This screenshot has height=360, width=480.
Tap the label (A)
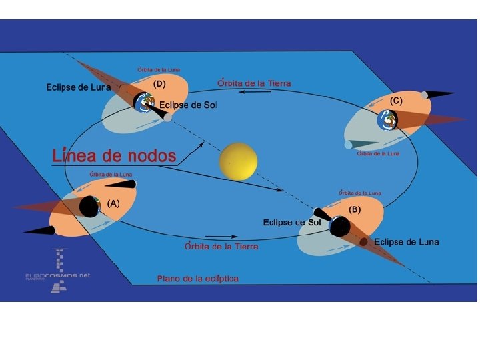pos(113,203)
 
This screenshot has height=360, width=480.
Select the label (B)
pos(355,209)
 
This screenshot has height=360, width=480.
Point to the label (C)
pos(396,101)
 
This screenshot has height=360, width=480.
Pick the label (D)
pos(159,85)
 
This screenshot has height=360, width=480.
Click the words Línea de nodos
pos(114,156)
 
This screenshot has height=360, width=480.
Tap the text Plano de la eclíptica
pos(197,278)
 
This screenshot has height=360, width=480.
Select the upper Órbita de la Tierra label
pos(254,83)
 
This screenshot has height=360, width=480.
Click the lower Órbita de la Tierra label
pos(221,246)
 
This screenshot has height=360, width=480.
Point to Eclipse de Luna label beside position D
pos(78,87)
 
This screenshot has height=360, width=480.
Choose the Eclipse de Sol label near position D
pos(188,105)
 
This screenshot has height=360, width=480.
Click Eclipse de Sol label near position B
pos(292,222)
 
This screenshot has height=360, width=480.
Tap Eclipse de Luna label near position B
pos(406,242)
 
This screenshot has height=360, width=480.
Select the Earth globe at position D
pos(147,103)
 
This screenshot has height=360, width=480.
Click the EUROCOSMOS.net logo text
pos(57,275)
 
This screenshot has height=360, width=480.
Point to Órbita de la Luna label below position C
pos(378,153)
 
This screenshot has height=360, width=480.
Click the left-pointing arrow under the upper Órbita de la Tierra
pos(253,93)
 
